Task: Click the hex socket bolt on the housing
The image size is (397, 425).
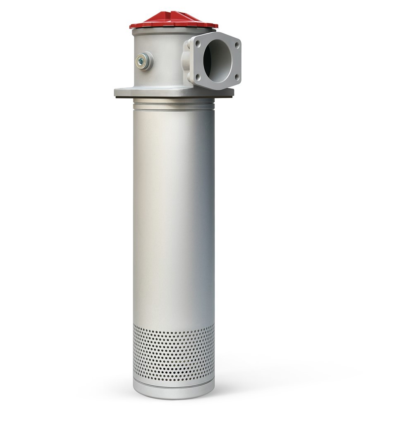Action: coord(141,61)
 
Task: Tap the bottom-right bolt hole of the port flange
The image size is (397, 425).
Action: coord(237,77)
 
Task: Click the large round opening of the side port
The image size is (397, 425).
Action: coord(218,60)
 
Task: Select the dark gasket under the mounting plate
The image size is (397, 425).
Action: coord(174,98)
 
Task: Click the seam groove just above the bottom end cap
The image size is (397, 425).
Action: coord(174,382)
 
